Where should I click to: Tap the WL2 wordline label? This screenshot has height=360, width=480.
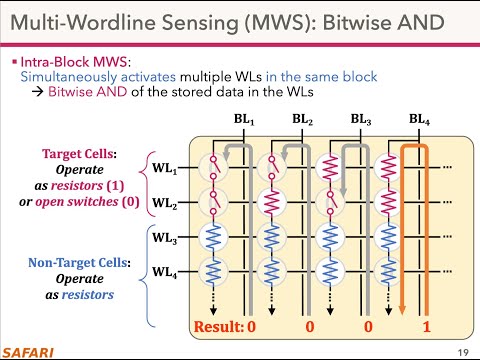[165, 203]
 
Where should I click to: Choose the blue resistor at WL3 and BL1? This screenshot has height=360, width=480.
[211, 238]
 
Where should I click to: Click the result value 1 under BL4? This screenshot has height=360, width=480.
[427, 326]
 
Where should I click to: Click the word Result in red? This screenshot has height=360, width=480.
[214, 326]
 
